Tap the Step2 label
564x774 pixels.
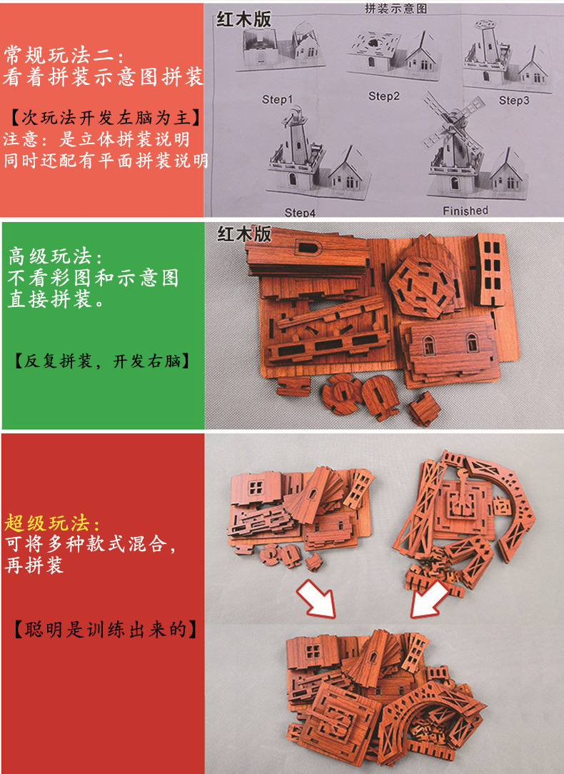384,96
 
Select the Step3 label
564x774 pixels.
514,101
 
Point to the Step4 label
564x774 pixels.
300,212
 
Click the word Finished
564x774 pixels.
465,210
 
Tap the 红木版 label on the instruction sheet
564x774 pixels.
243,19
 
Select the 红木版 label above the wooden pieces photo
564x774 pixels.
243,233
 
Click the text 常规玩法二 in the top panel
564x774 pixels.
65,54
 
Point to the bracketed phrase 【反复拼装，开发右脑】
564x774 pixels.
103,361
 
